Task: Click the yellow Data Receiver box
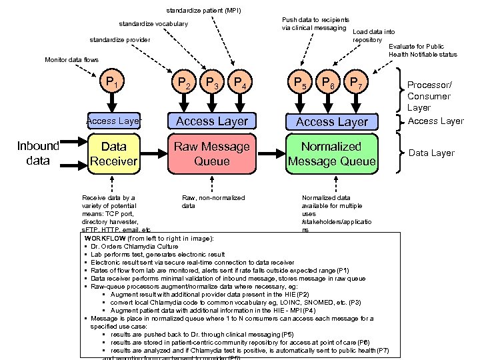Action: pyautogui.click(x=113, y=153)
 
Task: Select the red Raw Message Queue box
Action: pyautogui.click(x=212, y=153)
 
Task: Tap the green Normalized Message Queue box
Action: pyautogui.click(x=331, y=153)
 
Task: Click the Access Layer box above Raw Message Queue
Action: pyautogui.click(x=212, y=121)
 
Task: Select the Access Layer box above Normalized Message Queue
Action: pyautogui.click(x=331, y=121)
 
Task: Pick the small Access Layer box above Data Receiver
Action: pyautogui.click(x=113, y=121)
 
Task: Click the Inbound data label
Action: pyautogui.click(x=38, y=153)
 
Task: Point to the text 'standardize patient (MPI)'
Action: pyautogui.click(x=203, y=10)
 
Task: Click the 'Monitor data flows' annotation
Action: pyautogui.click(x=71, y=60)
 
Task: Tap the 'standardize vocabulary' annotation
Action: pyautogui.click(x=153, y=24)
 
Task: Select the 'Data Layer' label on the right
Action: pyautogui.click(x=431, y=153)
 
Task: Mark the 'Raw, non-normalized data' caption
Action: pyautogui.click(x=213, y=202)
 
